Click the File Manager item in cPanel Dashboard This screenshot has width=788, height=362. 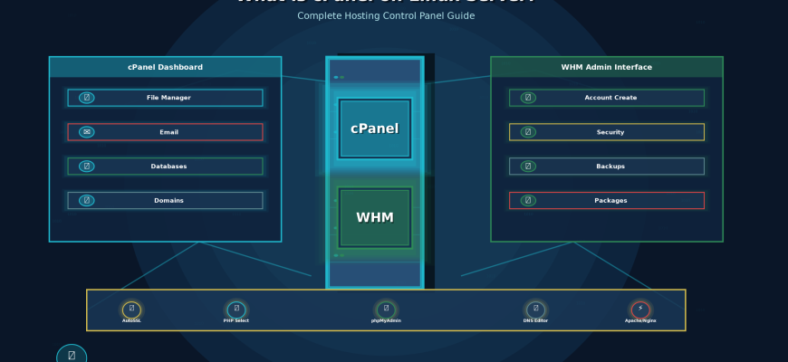point(165,98)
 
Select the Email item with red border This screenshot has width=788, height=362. point(165,132)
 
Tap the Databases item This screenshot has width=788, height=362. point(165,167)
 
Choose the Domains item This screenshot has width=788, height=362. point(165,201)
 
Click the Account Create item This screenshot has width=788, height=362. point(607,98)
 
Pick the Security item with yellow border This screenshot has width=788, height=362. point(607,132)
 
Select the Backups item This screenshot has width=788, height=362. point(607,167)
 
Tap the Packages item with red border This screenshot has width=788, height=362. point(607,201)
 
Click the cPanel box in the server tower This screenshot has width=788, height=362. point(374,129)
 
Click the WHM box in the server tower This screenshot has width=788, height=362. point(374,217)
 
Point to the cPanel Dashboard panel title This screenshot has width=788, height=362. point(165,67)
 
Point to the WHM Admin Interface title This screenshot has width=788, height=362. point(606,67)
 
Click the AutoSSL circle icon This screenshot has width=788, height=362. point(131,310)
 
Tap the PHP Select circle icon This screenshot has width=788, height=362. point(236,310)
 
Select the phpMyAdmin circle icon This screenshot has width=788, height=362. point(386,310)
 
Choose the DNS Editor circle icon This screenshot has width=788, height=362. point(535,310)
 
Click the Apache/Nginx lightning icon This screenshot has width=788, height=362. point(640,310)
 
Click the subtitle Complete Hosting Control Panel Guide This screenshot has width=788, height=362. point(386,15)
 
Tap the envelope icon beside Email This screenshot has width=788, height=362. point(86,132)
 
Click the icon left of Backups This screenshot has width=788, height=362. point(528,167)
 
